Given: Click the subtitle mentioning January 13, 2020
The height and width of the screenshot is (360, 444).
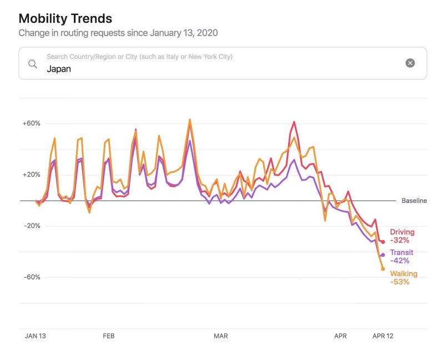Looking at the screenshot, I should click(118, 33).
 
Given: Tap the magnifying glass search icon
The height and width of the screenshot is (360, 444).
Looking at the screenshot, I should click(33, 64).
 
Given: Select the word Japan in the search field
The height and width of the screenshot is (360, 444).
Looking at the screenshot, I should click(59, 69).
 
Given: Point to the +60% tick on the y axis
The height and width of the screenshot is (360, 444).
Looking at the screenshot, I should click(31, 123).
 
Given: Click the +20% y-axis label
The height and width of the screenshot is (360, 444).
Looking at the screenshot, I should click(31, 174).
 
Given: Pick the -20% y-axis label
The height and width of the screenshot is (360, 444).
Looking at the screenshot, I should click(32, 226).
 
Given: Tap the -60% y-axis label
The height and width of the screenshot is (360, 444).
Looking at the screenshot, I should click(32, 277).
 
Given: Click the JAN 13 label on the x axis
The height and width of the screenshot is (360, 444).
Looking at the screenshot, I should click(36, 336).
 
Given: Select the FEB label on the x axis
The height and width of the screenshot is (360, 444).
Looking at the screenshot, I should click(108, 336).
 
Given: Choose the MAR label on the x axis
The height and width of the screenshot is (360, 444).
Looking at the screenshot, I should click(221, 336).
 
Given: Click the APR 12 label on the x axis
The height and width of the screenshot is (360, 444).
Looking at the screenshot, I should click(382, 336).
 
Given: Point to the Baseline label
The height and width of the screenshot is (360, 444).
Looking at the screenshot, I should click(414, 201).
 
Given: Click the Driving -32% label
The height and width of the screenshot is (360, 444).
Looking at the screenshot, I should click(402, 236).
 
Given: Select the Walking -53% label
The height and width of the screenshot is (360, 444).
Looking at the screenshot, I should click(403, 278).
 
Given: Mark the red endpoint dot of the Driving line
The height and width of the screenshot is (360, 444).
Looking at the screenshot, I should click(383, 242).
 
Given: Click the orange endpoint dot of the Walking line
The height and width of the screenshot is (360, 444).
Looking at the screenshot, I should click(383, 269).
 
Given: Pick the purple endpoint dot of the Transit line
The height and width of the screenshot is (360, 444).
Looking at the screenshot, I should click(382, 255).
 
